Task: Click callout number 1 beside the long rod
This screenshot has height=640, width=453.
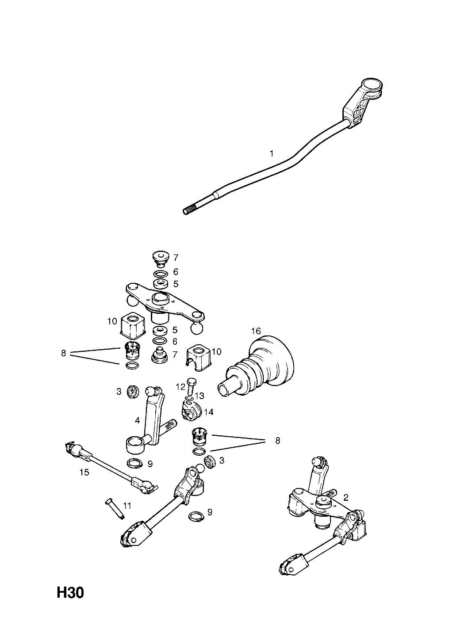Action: [271, 154]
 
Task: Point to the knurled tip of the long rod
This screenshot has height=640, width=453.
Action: [190, 210]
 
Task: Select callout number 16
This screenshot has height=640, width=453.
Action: [256, 331]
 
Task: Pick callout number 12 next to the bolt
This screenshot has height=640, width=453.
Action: [180, 387]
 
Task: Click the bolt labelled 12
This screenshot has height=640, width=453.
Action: [191, 387]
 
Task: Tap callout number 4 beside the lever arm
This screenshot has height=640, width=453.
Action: [137, 420]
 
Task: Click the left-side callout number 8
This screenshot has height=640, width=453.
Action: [63, 353]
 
